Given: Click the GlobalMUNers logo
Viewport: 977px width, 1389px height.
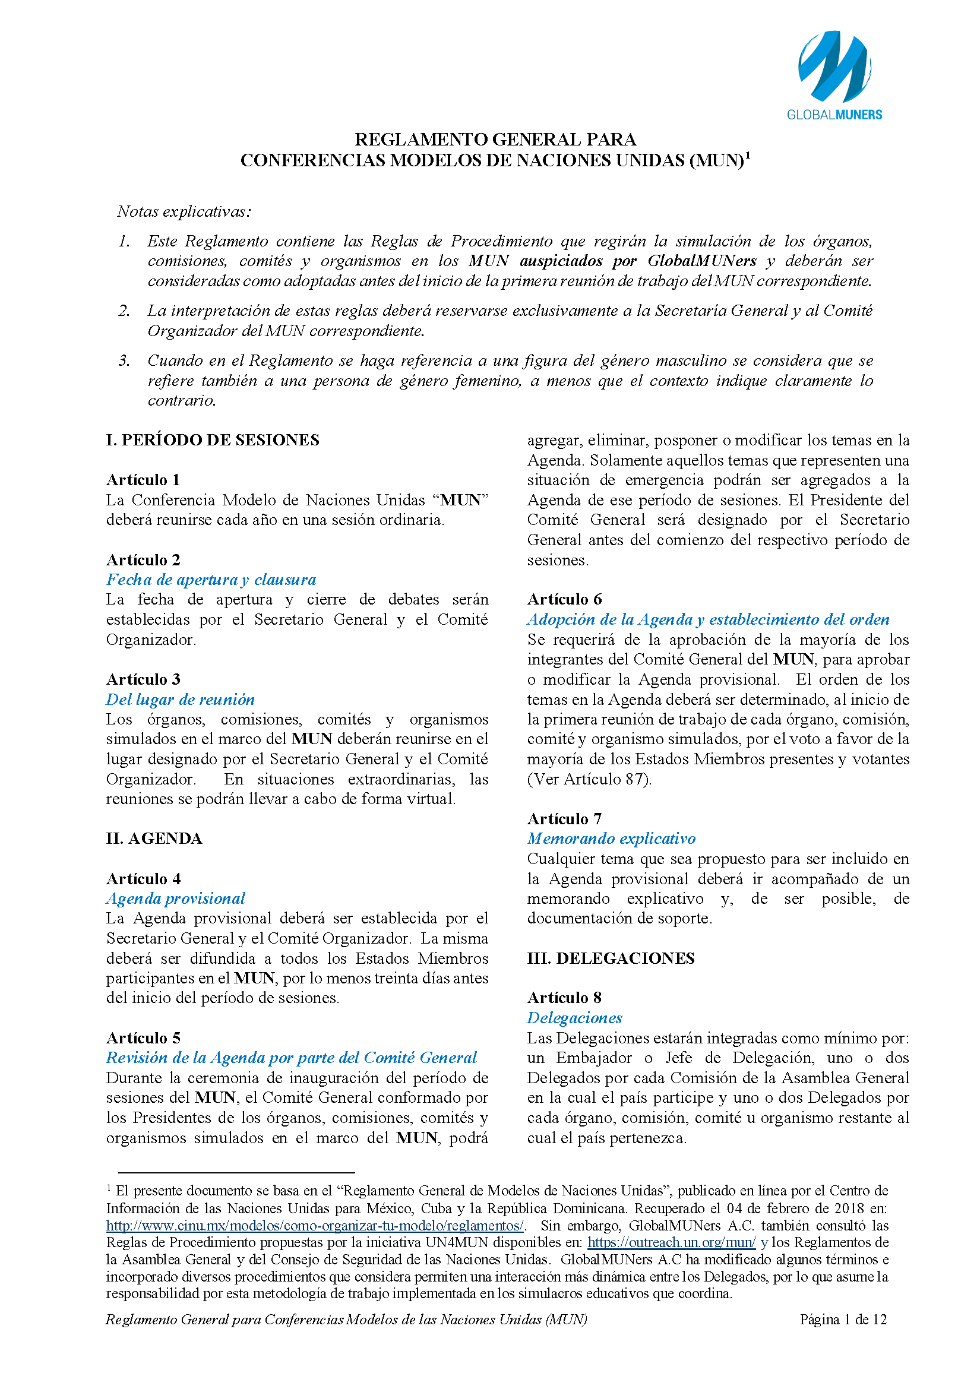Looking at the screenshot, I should pyautogui.click(x=834, y=75).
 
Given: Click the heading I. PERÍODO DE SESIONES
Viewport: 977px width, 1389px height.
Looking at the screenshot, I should pyautogui.click(x=213, y=440).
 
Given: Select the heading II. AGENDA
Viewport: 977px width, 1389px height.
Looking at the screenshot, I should pyautogui.click(x=154, y=838).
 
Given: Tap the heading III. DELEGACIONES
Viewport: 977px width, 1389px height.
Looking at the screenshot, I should pyautogui.click(x=611, y=958).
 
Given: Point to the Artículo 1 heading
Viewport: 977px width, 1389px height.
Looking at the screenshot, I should pyautogui.click(x=143, y=480).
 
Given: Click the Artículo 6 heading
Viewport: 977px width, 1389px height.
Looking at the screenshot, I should pyautogui.click(x=564, y=599).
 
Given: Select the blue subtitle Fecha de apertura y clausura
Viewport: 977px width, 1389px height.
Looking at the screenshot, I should pyautogui.click(x=211, y=580).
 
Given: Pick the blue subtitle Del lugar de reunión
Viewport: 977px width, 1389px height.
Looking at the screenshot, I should pyautogui.click(x=181, y=700).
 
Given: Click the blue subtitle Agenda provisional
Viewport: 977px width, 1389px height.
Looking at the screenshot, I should pyautogui.click(x=176, y=898).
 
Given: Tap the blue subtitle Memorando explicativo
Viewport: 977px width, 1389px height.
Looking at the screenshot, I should pyautogui.click(x=611, y=839).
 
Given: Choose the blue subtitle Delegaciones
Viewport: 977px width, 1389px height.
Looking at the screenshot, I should pyautogui.click(x=574, y=1018).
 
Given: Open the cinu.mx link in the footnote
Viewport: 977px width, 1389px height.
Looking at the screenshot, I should pyautogui.click(x=315, y=1226).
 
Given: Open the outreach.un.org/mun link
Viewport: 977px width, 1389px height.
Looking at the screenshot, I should pyautogui.click(x=672, y=1242).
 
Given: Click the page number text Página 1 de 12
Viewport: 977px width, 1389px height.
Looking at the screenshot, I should pyautogui.click(x=843, y=1320).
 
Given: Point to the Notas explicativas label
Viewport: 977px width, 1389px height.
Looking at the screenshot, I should pyautogui.click(x=184, y=212).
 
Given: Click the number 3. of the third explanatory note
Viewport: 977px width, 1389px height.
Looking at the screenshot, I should pyautogui.click(x=124, y=361).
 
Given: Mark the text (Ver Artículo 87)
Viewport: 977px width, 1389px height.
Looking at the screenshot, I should pyautogui.click(x=589, y=779).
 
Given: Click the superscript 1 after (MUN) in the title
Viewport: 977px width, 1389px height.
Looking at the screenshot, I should pyautogui.click(x=748, y=156).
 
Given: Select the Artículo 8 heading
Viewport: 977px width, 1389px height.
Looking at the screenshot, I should pyautogui.click(x=564, y=998).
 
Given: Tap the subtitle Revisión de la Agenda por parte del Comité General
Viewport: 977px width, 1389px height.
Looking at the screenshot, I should pyautogui.click(x=292, y=1058).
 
